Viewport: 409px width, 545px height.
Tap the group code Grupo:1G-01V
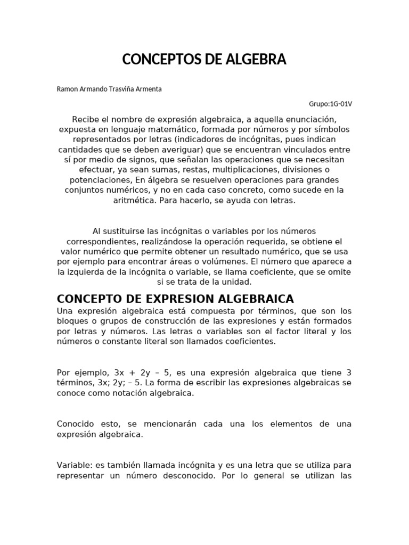point(330,103)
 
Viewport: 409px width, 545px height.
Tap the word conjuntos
point(88,190)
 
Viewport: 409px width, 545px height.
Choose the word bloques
point(72,321)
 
